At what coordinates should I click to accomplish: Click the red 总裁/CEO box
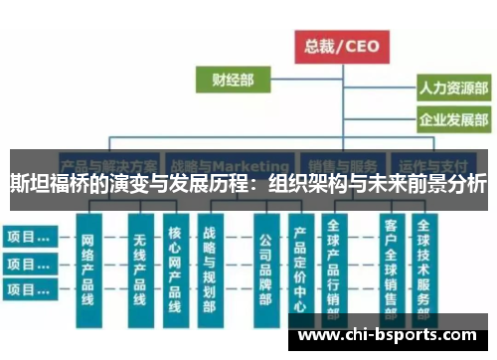[342, 45]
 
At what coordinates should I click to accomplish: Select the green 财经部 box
[232, 79]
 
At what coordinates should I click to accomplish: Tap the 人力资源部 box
[453, 89]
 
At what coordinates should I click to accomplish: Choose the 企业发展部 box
[453, 121]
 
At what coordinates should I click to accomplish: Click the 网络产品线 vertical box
[88, 267]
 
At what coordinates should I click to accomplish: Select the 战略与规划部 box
[209, 267]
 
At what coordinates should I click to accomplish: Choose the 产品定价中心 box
[299, 267]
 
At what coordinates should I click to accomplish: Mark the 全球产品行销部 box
[333, 267]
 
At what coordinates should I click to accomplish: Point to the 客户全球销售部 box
[391, 267]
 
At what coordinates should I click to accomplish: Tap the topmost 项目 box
[28, 238]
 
